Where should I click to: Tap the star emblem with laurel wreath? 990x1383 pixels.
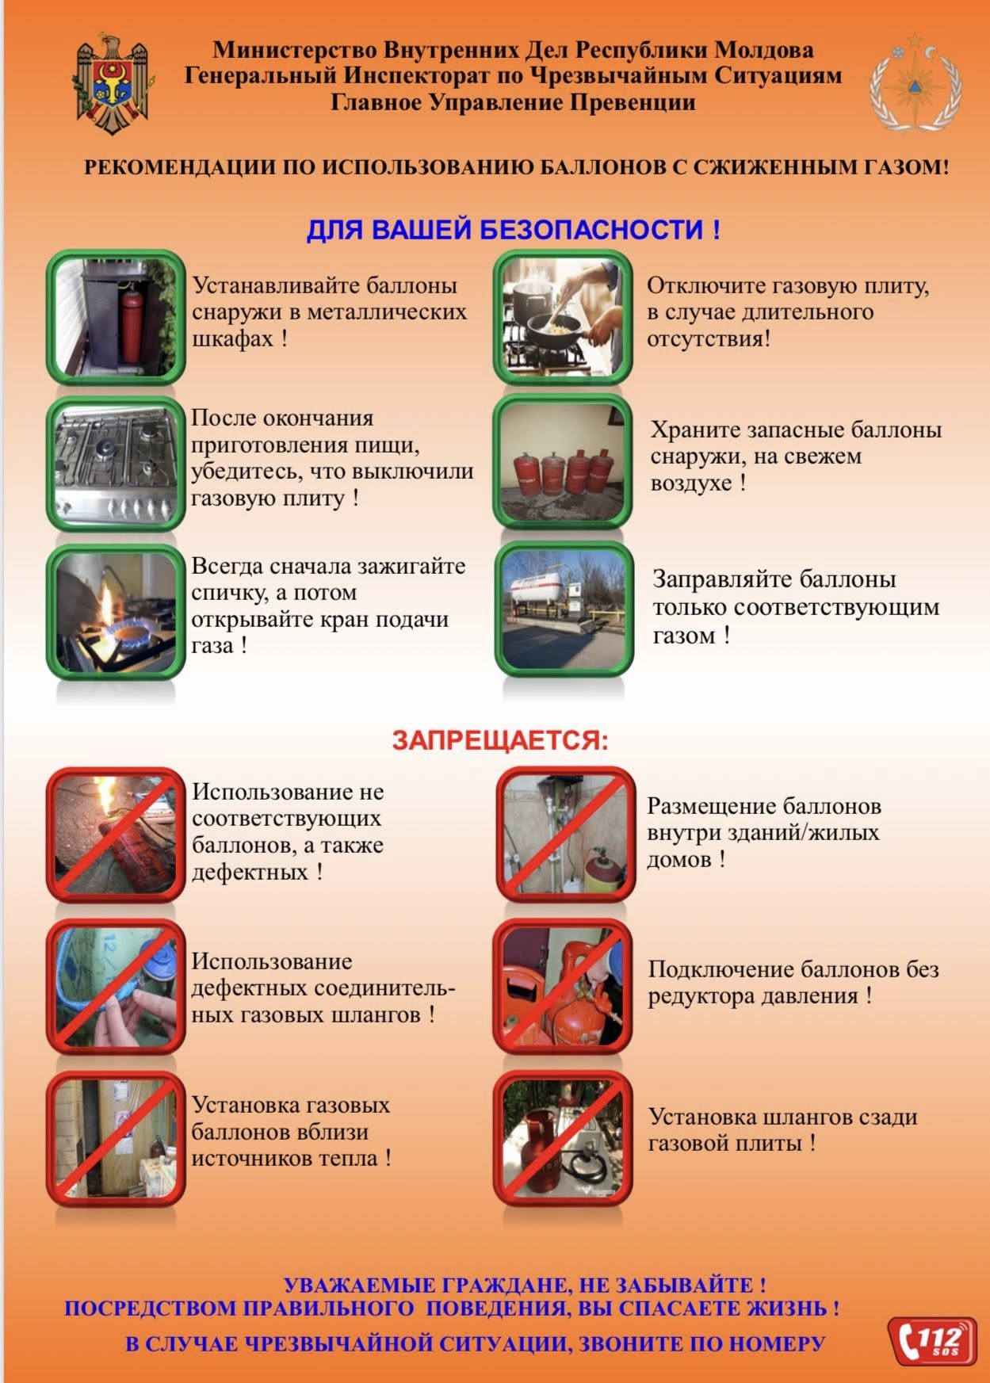click(915, 83)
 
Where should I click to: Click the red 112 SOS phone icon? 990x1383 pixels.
click(932, 1341)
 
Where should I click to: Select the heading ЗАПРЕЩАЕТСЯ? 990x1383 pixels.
click(500, 740)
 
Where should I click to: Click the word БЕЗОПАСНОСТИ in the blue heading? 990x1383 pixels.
click(591, 230)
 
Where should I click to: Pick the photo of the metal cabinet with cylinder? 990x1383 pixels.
click(116, 318)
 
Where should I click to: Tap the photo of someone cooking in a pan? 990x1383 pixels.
click(563, 318)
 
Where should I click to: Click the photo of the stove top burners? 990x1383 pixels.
click(116, 464)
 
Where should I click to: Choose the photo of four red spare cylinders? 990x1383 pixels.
click(563, 462)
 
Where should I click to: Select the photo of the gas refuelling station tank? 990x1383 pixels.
click(564, 609)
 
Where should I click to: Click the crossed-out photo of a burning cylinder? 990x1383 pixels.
click(116, 835)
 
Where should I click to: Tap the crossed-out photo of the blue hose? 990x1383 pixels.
click(116, 987)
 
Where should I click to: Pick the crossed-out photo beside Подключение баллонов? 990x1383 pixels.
click(563, 987)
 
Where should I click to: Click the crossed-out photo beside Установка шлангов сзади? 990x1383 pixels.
click(563, 1139)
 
